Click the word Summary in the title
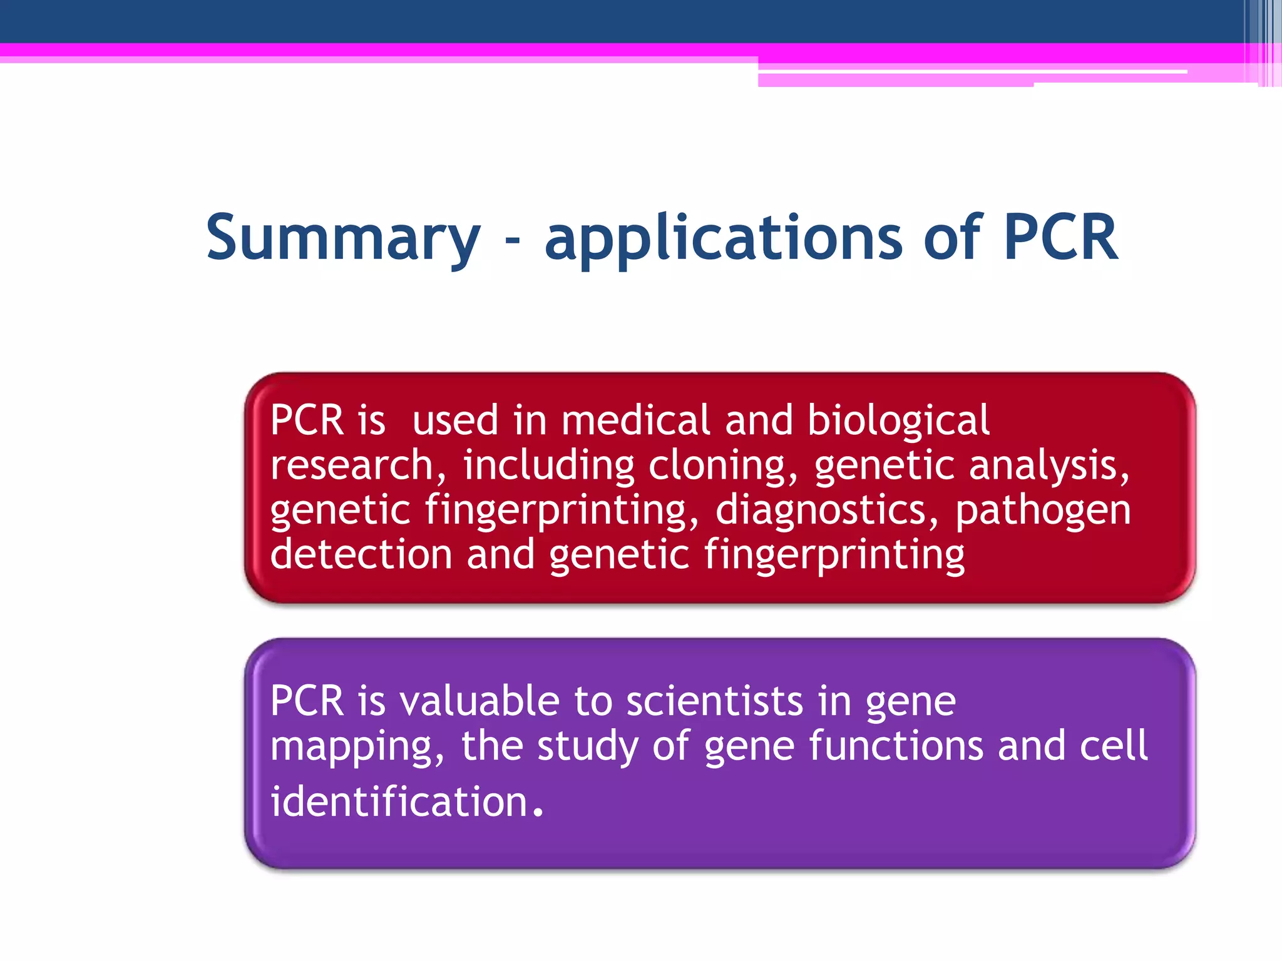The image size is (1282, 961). tap(343, 238)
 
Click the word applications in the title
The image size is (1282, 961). tap(723, 238)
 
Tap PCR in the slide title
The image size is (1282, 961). tap(1060, 238)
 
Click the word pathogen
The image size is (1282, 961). tap(1043, 510)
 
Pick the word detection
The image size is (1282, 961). tap(361, 554)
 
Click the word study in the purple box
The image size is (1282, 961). tap(587, 746)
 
